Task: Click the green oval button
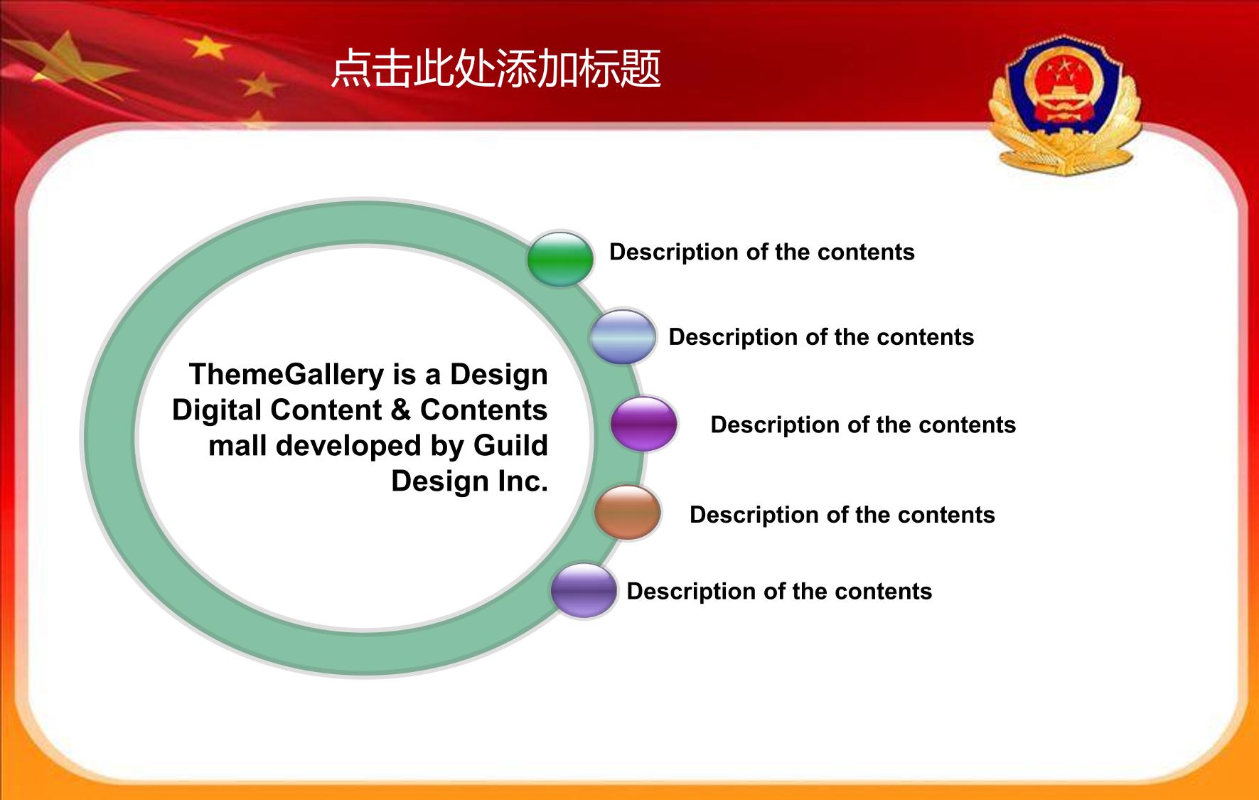coord(560,259)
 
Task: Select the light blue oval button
coord(623,336)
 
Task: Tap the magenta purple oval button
coord(644,424)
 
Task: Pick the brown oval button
coord(628,512)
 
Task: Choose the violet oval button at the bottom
coord(584,590)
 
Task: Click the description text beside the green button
coord(762,252)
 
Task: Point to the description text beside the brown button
coord(842,515)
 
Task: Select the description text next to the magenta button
coord(863,425)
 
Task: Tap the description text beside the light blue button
coord(821,337)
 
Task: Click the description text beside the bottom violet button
coord(779,592)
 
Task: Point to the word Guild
coord(510,446)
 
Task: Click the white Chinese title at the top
coord(496,69)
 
